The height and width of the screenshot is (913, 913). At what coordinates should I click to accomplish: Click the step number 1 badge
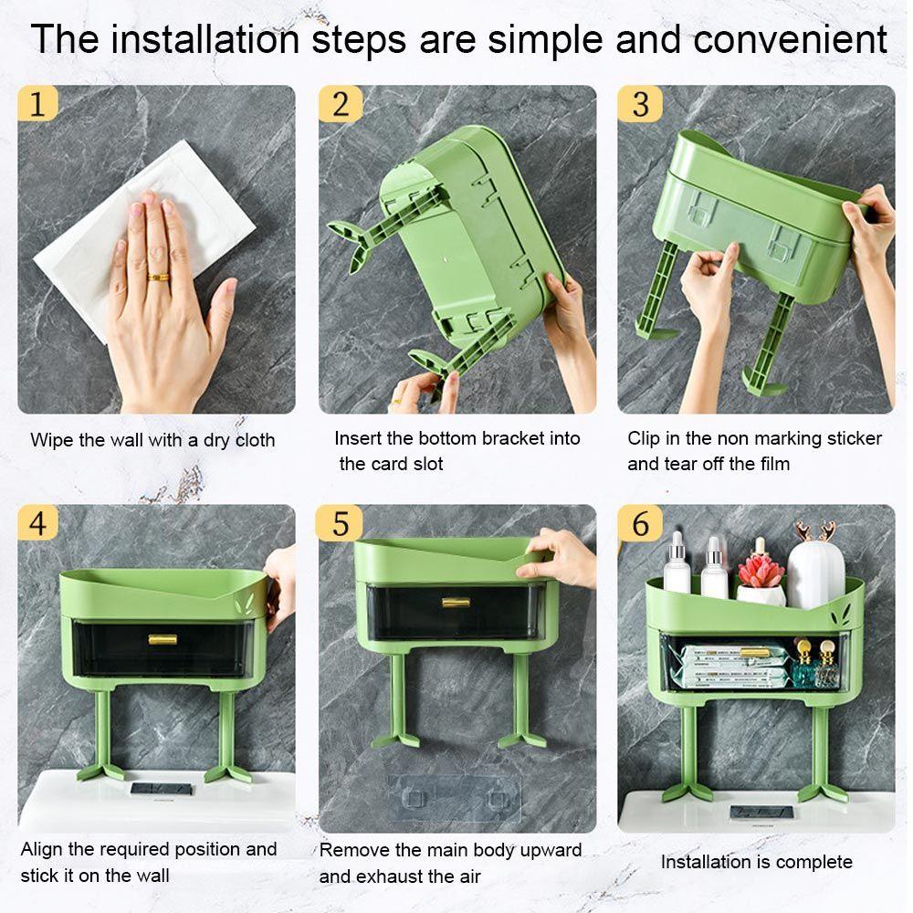click(37, 103)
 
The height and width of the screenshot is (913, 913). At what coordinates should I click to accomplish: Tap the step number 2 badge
click(340, 104)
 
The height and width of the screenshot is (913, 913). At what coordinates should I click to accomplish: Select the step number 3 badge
click(640, 104)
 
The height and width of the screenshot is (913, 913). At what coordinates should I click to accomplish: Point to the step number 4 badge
click(37, 522)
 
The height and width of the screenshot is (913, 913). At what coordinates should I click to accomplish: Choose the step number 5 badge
click(339, 522)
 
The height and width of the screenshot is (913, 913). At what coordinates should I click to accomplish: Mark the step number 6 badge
click(640, 522)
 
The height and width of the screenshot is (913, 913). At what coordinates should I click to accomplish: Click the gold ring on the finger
click(158, 278)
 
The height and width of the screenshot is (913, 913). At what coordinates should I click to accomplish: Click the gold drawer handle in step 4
click(163, 640)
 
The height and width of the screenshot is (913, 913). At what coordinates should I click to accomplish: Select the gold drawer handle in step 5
click(456, 603)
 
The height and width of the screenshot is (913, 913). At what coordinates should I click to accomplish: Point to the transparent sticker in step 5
click(454, 798)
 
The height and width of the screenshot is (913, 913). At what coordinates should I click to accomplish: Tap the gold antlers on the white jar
click(815, 531)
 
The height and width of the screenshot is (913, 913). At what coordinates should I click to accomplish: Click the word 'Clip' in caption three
click(641, 438)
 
